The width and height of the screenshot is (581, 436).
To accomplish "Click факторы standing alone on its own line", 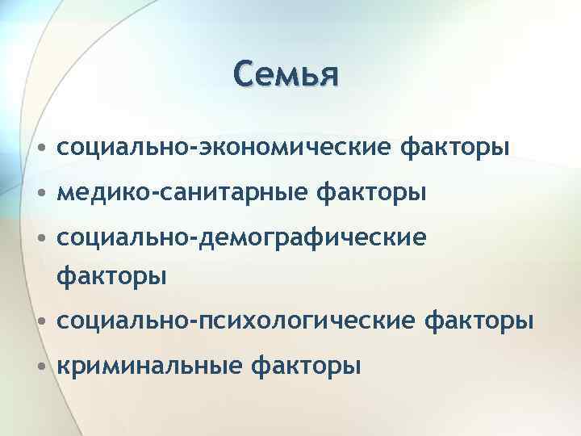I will click(111, 276).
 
